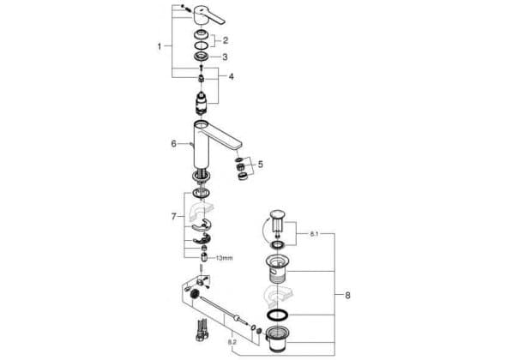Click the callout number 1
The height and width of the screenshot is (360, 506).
coord(160,46)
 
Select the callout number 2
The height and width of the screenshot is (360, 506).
coord(226,40)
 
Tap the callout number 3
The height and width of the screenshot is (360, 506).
coord(225,57)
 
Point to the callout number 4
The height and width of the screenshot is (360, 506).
coord(231,77)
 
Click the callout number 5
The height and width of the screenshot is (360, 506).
coord(260,165)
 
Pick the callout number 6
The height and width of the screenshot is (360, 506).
coord(173,143)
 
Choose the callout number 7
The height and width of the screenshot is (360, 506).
coord(173,217)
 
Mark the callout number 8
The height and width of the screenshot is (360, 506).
coord(347,295)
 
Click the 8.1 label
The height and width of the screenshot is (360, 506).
coord(314,234)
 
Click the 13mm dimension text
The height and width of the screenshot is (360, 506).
coord(224,258)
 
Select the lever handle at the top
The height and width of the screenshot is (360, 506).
coord(208,17)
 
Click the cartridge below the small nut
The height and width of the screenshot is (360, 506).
coord(202,103)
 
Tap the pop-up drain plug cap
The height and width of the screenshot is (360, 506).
coord(277,213)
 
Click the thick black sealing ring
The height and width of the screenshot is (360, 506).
coord(277,315)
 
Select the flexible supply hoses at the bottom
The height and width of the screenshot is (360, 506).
coord(201,330)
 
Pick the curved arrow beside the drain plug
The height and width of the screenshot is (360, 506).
coord(266,230)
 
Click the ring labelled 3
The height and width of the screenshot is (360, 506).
coord(202,57)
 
